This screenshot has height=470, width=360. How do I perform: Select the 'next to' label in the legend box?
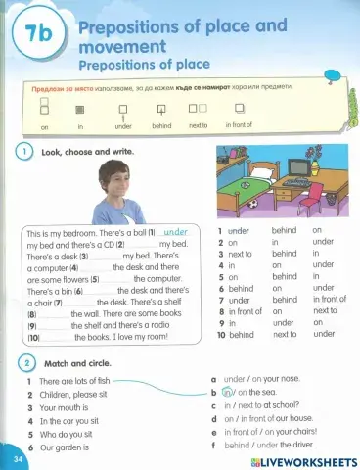coord(198,125)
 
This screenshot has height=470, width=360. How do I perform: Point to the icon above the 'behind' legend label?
coord(161,109)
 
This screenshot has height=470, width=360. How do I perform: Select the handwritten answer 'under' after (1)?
coord(175,233)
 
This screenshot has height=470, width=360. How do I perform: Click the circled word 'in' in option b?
coord(228,392)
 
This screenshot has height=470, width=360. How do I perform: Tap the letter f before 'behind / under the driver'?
coord(214,444)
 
